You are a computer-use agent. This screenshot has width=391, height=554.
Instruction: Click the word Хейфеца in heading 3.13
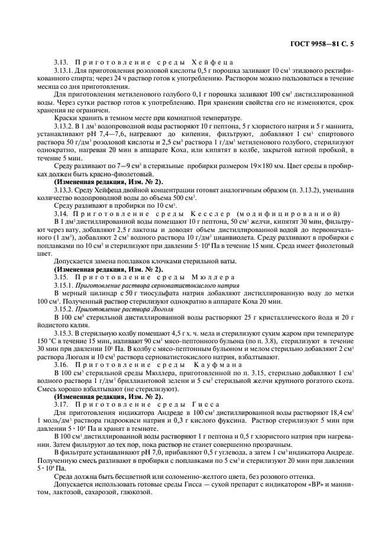point(213,62)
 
